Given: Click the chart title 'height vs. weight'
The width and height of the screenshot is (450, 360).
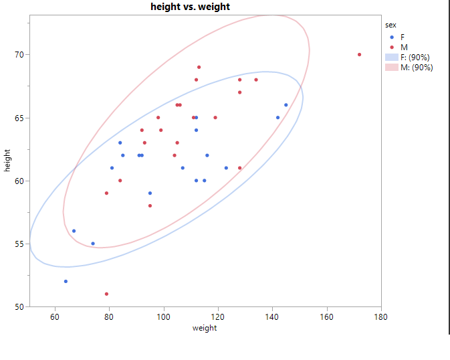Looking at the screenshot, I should tap(205, 7).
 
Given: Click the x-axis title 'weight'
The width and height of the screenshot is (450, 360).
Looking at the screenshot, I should tap(205, 328).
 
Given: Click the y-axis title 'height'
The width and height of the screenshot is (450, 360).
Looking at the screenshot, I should tap(7, 161).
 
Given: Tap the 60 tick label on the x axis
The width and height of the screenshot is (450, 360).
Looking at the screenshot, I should tap(55, 316).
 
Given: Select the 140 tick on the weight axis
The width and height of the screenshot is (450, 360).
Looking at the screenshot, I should tap(272, 316).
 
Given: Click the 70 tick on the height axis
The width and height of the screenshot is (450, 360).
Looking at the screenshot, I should tap(20, 54).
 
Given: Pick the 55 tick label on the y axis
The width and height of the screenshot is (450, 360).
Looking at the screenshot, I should tap(20, 244).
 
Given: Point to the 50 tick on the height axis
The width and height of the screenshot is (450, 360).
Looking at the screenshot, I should tap(20, 306).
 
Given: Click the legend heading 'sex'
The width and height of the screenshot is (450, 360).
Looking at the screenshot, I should tap(391, 25).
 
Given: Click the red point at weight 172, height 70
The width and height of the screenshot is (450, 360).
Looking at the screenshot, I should tap(360, 55).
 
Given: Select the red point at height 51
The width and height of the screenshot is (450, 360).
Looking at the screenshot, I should tap(106, 294).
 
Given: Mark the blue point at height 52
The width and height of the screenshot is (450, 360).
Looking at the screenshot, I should tap(66, 281).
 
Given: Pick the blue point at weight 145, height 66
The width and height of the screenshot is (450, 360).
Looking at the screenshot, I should tap(286, 105).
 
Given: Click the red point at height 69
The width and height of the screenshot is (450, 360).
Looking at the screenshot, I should tap(199, 67).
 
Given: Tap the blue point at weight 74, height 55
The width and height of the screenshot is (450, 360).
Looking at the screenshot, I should tap(93, 244).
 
